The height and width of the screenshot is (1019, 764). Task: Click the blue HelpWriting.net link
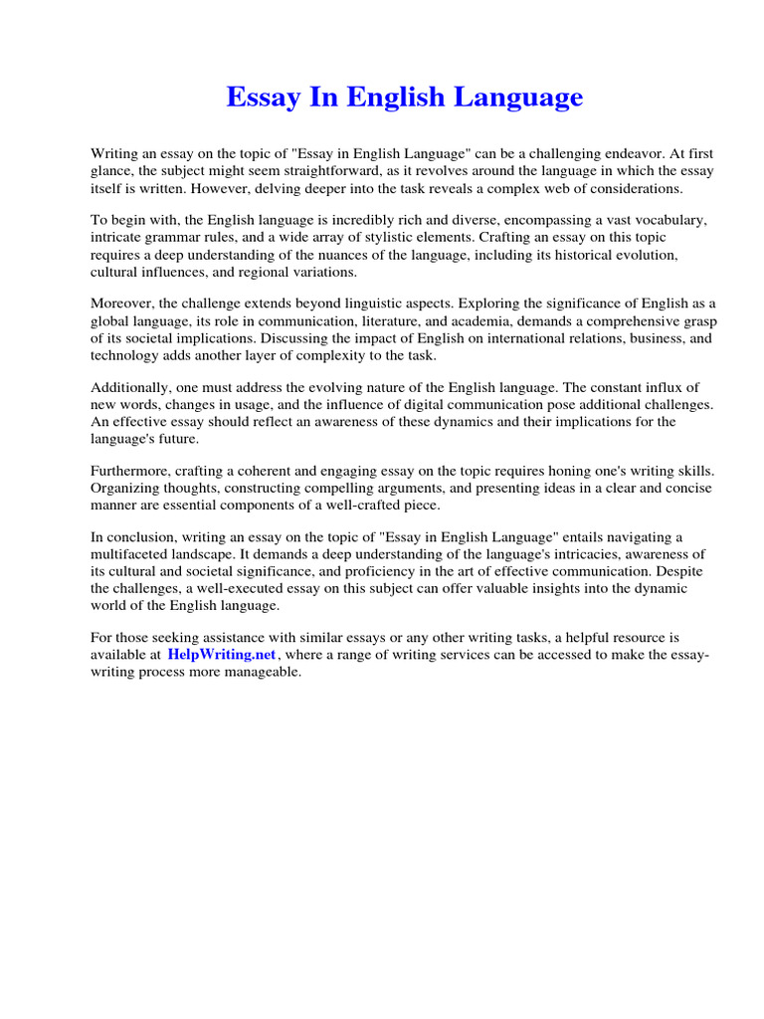click(221, 654)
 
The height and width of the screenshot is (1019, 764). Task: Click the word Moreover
click(125, 304)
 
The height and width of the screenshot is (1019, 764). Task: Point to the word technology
click(125, 354)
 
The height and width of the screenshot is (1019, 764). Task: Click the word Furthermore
click(132, 471)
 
